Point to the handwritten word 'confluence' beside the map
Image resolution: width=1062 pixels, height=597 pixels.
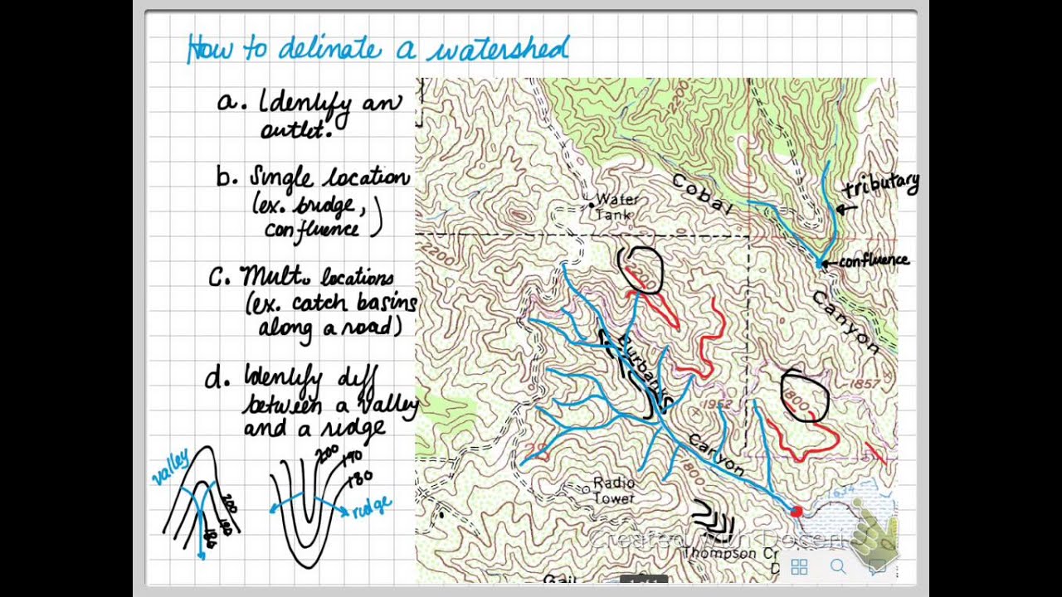tap(874, 260)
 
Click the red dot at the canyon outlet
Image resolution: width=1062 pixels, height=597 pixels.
tap(796, 512)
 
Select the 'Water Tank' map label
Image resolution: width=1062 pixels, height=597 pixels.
tap(614, 207)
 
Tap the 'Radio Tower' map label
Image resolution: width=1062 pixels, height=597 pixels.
tap(614, 490)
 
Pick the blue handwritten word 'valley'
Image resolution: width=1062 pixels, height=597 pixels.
tap(170, 466)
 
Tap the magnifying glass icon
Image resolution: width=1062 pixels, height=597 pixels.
tap(838, 567)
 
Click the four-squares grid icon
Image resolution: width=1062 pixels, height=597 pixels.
tap(800, 567)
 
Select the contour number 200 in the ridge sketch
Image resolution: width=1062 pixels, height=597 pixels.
tap(317, 454)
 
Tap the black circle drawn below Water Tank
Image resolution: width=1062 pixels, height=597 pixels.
tap(641, 270)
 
